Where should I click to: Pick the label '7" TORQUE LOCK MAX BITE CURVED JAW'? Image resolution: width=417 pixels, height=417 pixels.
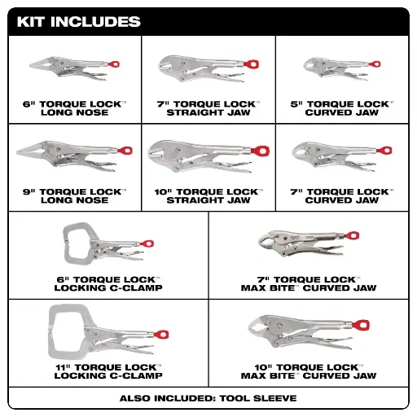click(x=309, y=284)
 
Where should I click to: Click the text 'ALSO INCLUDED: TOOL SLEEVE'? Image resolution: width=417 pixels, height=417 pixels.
click(x=208, y=398)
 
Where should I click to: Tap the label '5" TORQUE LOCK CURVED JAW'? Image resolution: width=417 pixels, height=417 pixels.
click(x=343, y=108)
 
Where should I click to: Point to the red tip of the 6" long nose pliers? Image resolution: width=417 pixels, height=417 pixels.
click(x=116, y=64)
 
